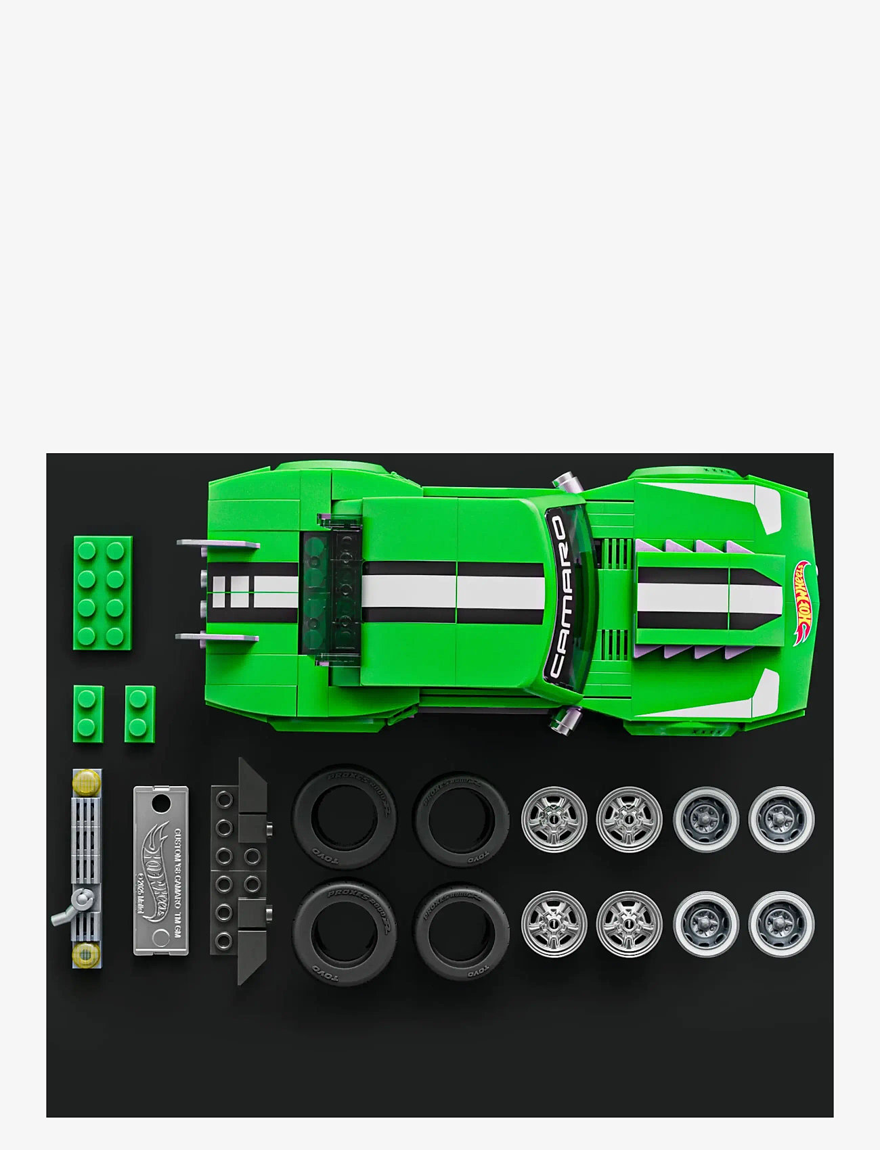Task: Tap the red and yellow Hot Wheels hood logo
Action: [x=806, y=601]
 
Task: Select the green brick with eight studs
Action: [x=102, y=593]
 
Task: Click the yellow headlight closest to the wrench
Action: [x=86, y=954]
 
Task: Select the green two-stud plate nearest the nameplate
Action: [x=139, y=713]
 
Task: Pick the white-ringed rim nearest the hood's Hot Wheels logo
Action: [x=781, y=819]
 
